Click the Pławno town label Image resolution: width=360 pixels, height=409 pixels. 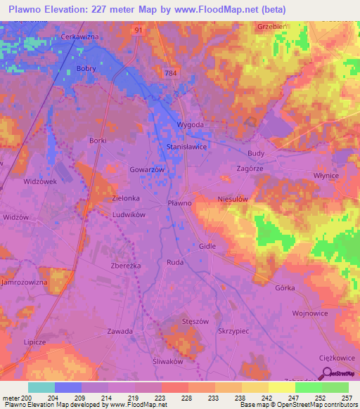click(179, 202)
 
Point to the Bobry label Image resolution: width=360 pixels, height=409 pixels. click(85, 68)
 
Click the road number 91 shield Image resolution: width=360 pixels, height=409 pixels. click(139, 30)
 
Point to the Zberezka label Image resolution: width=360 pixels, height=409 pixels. click(127, 266)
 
